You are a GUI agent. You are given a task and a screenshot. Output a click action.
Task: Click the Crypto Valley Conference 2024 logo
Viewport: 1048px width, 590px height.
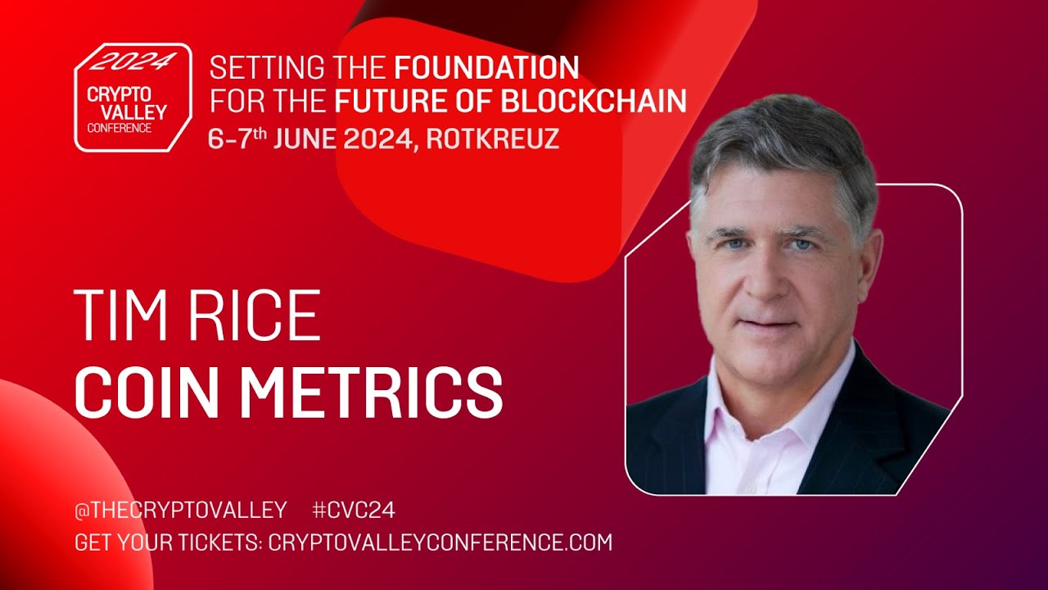coord(133,98)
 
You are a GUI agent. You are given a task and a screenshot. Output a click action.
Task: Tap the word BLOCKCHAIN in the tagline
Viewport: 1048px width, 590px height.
coord(593,101)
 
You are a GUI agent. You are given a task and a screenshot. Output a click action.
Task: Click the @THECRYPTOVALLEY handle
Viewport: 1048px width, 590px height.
coord(180,511)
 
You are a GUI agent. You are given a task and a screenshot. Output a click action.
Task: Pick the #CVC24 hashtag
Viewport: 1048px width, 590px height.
coord(354,511)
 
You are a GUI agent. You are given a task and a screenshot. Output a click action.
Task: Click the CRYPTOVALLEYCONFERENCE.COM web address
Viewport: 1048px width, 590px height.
coord(440,542)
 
